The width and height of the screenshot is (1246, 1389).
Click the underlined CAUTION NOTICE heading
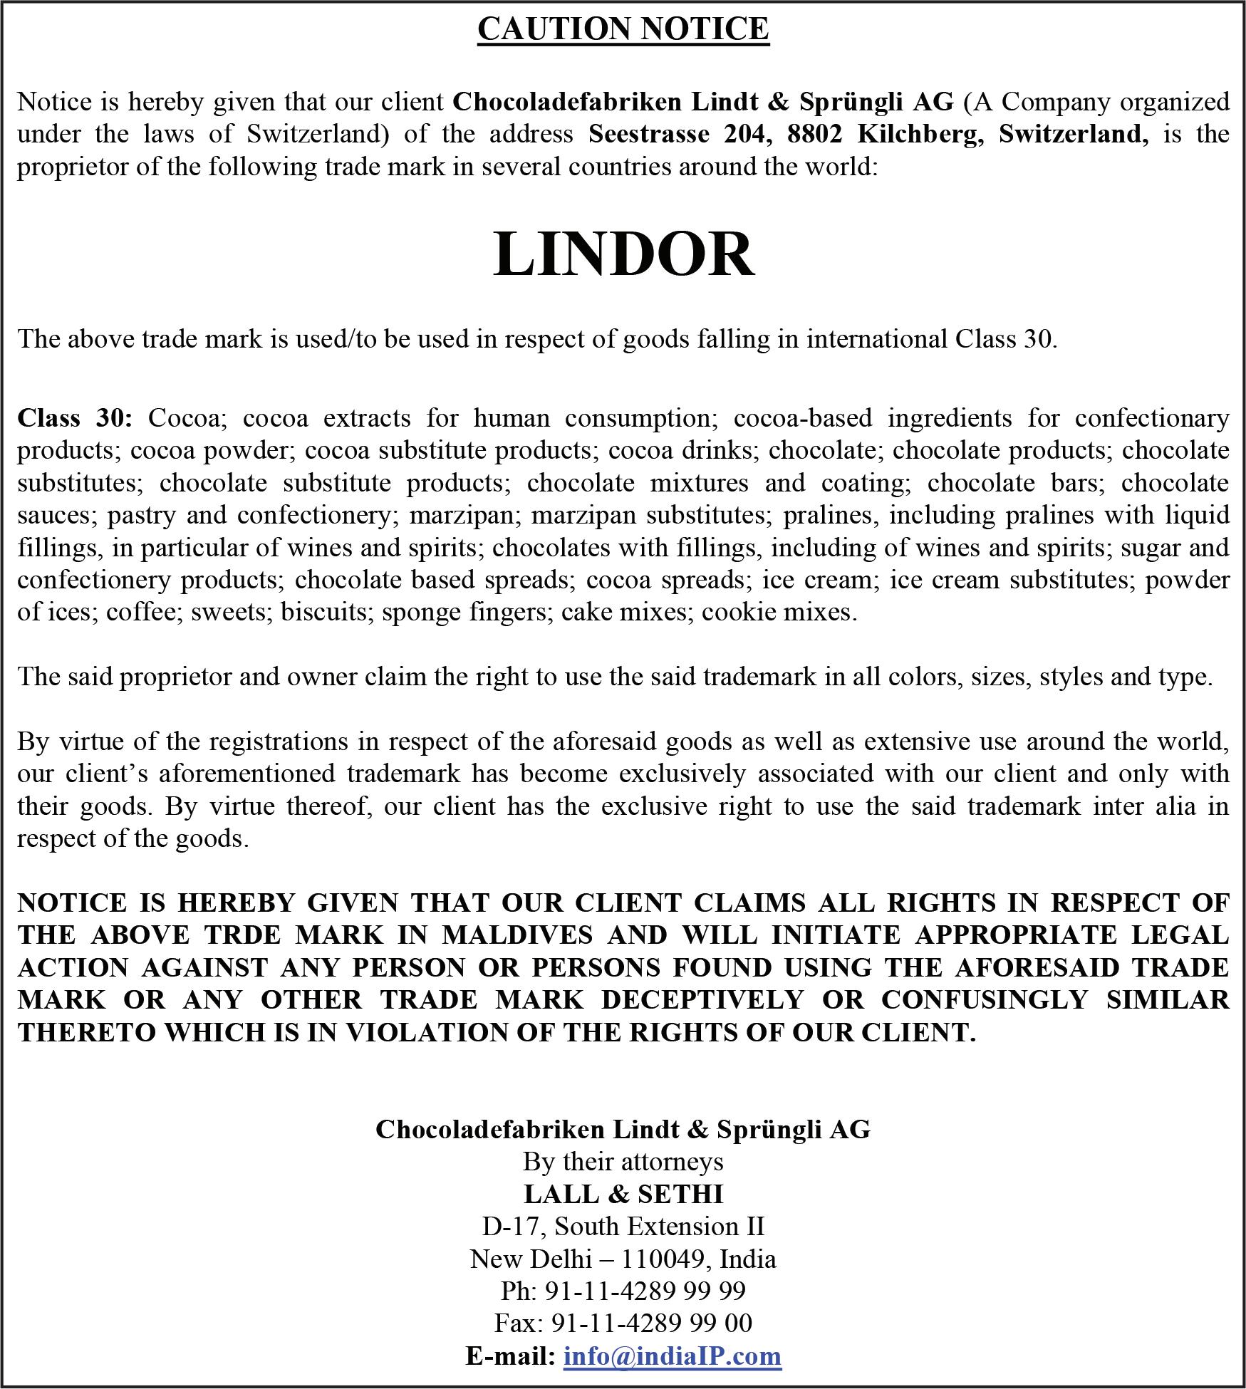pyautogui.click(x=623, y=29)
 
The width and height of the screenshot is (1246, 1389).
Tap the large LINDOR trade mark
pyautogui.click(x=623, y=254)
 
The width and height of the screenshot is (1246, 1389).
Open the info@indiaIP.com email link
pyautogui.click(x=672, y=1355)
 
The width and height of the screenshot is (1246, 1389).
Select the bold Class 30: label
pyautogui.click(x=75, y=417)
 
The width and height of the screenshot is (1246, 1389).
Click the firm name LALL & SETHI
pyautogui.click(x=623, y=1194)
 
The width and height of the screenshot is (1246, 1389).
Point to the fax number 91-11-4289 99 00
pyautogui.click(x=651, y=1323)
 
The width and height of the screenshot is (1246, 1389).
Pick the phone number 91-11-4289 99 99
pyautogui.click(x=645, y=1291)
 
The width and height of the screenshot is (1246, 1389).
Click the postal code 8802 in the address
pyautogui.click(x=814, y=134)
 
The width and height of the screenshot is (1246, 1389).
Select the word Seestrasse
pyautogui.click(x=648, y=134)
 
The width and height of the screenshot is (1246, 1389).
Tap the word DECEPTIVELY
pyautogui.click(x=702, y=999)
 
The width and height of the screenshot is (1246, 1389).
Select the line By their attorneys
pyautogui.click(x=623, y=1162)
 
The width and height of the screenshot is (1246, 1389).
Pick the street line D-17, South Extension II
pyautogui.click(x=623, y=1226)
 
